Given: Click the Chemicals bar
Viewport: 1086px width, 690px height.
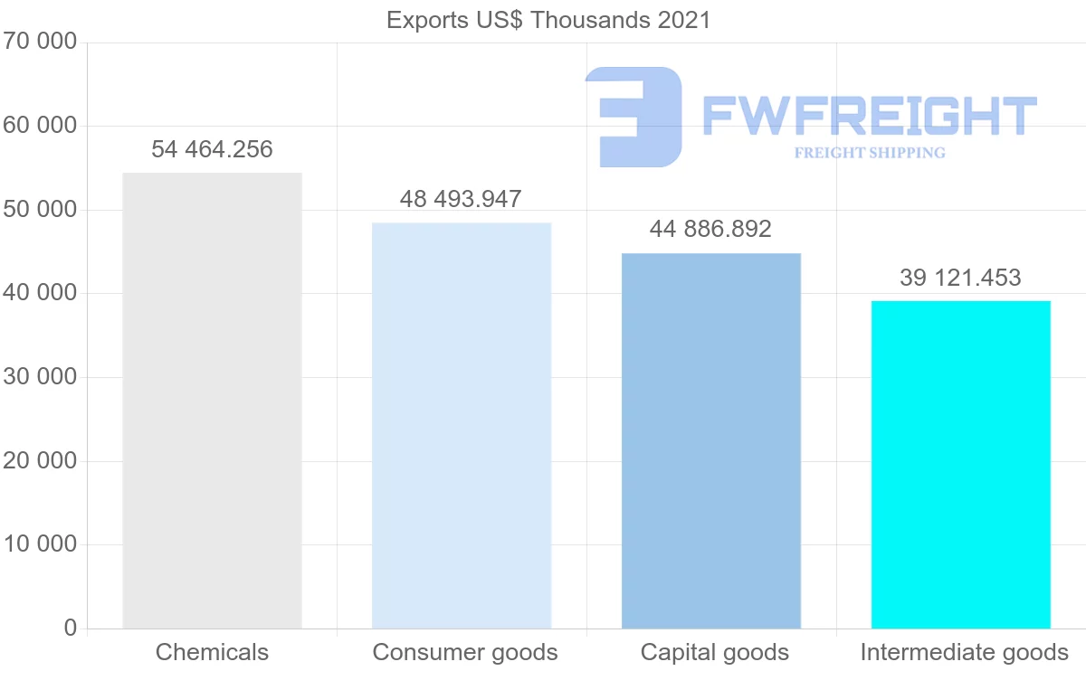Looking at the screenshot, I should pos(212,401).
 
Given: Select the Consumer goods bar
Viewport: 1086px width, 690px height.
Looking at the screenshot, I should pos(462,425).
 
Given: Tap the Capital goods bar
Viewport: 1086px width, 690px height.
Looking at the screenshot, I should pos(711,440).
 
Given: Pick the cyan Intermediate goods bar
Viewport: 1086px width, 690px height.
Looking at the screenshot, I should pos(960,464).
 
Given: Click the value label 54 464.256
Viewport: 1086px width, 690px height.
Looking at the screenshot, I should pos(212,149).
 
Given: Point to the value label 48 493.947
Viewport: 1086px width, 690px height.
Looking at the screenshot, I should pos(462,199).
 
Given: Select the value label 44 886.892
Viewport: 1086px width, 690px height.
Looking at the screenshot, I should pos(710,229).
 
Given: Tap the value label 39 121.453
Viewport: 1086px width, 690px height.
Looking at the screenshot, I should pos(960,278).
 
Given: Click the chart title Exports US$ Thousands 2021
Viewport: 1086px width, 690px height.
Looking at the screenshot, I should pos(548,20).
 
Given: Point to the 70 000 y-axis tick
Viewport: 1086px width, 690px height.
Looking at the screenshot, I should pos(40,43).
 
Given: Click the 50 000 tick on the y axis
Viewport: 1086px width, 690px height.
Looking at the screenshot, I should pos(40,210).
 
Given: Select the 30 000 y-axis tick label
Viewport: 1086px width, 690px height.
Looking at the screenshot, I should pos(40,377).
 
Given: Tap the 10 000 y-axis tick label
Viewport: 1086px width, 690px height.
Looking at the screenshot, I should pos(40,544).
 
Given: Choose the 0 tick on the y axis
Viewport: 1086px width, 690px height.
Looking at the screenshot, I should pos(71,629).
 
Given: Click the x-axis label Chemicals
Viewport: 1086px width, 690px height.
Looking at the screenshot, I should pos(212,652).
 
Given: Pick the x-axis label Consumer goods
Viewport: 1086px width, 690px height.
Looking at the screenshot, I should pos(465,652).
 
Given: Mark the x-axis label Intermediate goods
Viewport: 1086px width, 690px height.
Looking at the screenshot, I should pos(964,652).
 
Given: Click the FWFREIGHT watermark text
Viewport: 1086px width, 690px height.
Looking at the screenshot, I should pos(869,116).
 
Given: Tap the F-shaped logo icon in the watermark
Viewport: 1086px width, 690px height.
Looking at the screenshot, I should pos(633,117).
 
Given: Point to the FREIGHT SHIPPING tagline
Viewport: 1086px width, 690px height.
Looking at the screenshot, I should pos(870,153).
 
